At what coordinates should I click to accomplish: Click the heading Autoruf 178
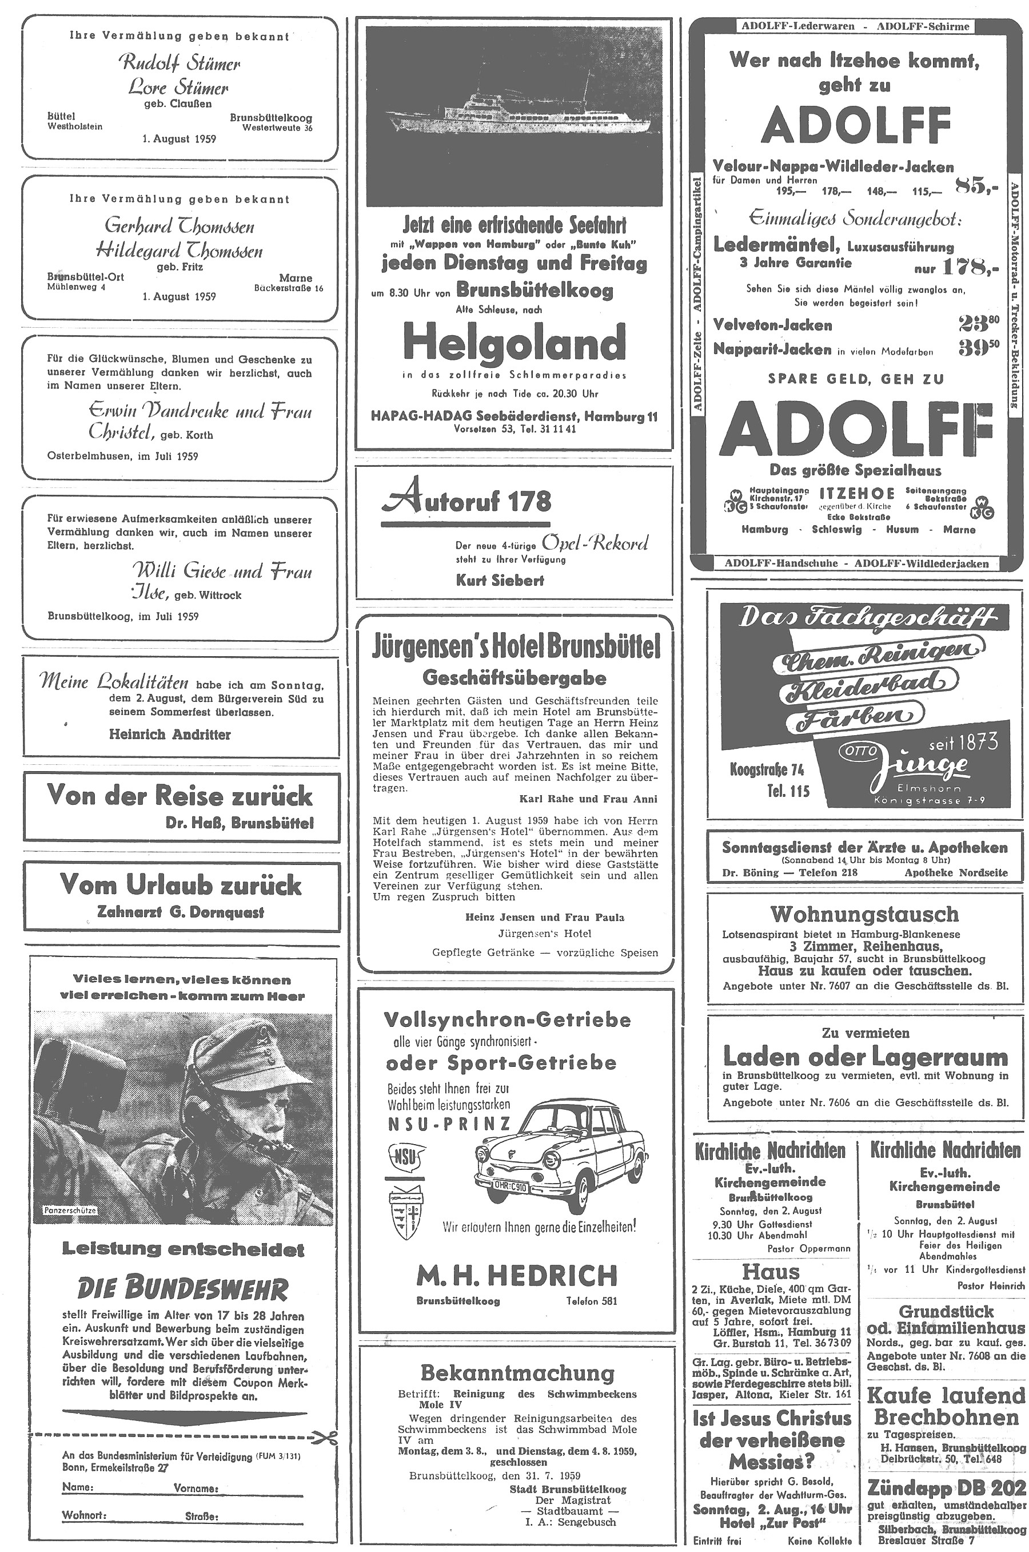click(x=466, y=502)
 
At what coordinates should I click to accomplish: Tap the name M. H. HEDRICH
click(x=516, y=1276)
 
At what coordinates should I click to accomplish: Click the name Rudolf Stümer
click(x=178, y=63)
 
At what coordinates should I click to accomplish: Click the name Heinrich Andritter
click(x=169, y=734)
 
